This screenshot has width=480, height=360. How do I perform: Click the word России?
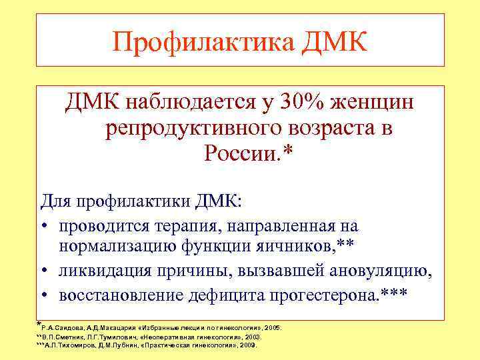[240, 154]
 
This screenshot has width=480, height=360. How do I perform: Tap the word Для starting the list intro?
[57, 201]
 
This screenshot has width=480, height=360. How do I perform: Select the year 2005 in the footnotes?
[273, 329]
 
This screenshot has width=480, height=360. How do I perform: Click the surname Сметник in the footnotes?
[79, 338]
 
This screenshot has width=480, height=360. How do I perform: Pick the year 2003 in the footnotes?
[250, 338]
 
